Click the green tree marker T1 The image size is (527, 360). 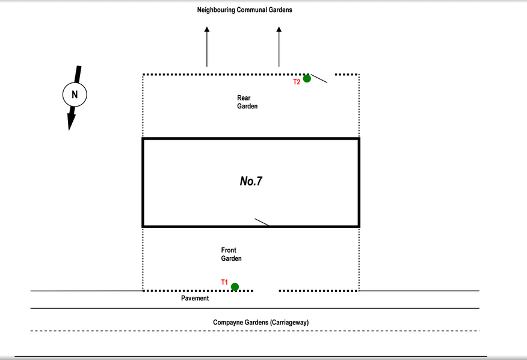click(235, 287)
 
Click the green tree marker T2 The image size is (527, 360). click(307, 78)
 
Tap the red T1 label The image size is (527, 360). click(224, 282)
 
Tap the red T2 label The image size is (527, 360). click(297, 82)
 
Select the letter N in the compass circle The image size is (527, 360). click(75, 95)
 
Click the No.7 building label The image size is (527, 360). click(251, 181)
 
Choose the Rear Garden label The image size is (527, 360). click(247, 102)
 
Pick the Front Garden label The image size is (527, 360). click(231, 255)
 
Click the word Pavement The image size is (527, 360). click(195, 298)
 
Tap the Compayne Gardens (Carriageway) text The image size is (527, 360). click(261, 322)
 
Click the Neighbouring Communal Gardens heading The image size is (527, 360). click(245, 10)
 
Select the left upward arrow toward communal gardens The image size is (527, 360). click(207, 47)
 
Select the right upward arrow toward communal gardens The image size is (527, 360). click(279, 47)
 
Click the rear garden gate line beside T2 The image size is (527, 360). click(319, 78)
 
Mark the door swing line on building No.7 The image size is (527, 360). click(262, 222)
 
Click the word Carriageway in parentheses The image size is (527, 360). click(289, 322)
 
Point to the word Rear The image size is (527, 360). click(244, 98)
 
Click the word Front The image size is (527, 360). click(229, 250)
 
